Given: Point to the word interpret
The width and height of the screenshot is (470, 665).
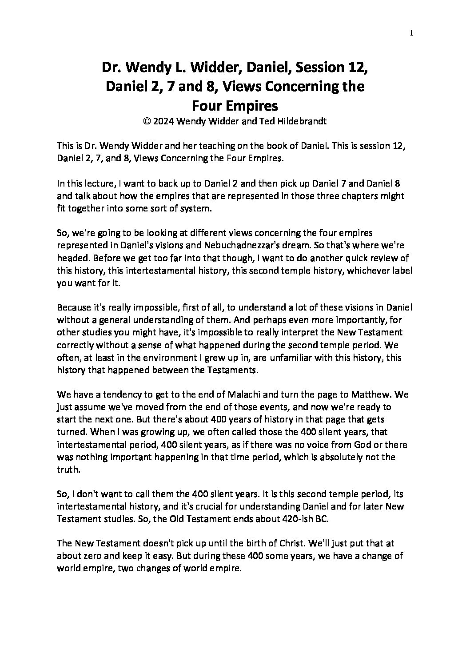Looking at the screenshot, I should point(295,332).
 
